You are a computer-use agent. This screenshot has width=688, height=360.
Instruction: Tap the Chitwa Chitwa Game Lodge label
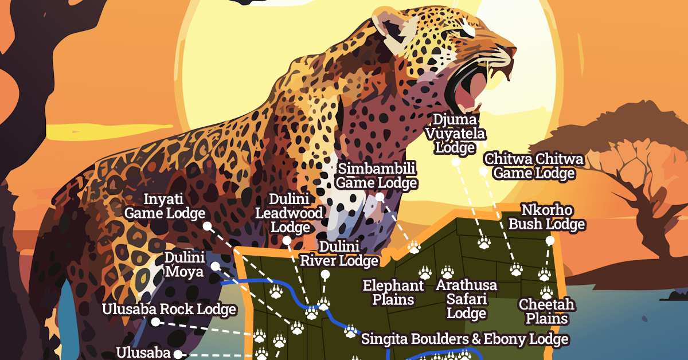(534, 166)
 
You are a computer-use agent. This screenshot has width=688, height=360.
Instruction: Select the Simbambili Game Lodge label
(376, 176)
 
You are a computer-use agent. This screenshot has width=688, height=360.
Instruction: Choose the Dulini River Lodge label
(339, 254)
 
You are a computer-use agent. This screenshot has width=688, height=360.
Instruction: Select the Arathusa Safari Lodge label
(467, 299)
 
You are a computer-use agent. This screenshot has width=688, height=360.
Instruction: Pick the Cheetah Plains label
(546, 311)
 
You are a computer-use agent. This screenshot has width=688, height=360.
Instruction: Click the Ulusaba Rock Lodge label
(169, 310)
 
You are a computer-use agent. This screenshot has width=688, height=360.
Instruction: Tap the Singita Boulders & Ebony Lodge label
(464, 339)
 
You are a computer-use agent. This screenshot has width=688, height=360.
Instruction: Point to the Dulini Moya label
(184, 264)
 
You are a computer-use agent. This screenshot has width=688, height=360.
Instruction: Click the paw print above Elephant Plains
(425, 272)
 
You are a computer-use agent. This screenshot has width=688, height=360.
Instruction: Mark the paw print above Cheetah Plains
(546, 292)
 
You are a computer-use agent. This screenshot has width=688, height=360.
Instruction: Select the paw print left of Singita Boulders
(350, 331)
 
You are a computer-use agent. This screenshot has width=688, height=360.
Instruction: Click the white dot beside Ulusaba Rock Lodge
(155, 322)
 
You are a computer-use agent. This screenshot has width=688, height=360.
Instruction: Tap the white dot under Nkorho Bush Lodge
(550, 241)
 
